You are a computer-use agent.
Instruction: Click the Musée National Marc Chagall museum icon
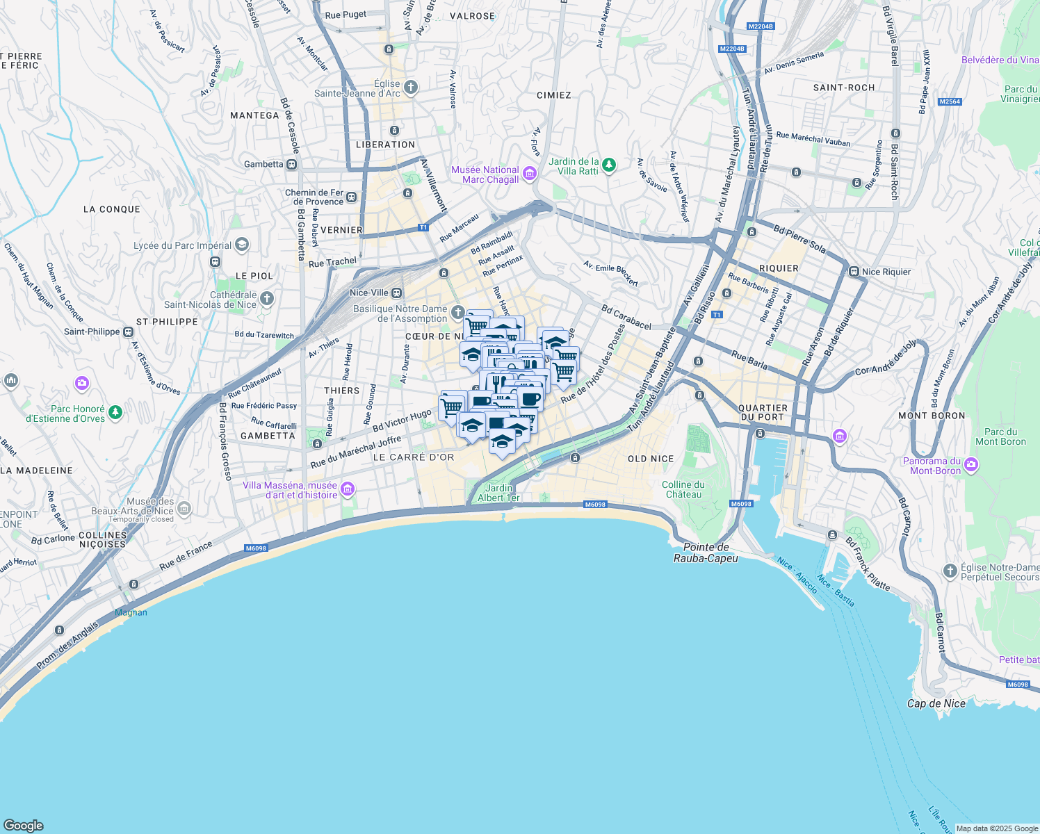tap(530, 173)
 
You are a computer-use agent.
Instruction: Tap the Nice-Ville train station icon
tap(397, 293)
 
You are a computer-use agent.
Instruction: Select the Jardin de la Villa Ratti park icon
tap(609, 165)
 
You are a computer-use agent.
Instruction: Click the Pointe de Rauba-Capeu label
tap(706, 553)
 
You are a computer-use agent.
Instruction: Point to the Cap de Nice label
tap(936, 703)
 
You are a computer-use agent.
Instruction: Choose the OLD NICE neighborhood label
tap(651, 459)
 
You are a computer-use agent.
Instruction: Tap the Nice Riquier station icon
tap(854, 272)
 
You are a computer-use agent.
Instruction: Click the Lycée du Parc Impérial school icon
tap(242, 245)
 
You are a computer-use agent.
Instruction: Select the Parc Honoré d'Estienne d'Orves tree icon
tap(115, 413)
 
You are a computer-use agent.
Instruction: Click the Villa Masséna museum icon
tap(348, 490)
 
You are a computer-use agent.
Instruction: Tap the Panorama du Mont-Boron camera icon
tap(971, 465)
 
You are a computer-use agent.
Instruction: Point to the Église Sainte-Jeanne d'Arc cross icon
tap(411, 87)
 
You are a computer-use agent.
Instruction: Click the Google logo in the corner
tap(24, 826)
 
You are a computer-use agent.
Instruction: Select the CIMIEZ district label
tap(554, 95)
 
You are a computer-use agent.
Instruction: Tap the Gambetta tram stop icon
tap(292, 165)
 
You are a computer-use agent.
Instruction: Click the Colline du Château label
tap(683, 489)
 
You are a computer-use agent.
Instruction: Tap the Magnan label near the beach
tap(131, 612)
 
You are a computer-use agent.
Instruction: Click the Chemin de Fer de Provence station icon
tap(352, 197)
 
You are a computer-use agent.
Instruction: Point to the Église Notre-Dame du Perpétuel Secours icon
tap(950, 571)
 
